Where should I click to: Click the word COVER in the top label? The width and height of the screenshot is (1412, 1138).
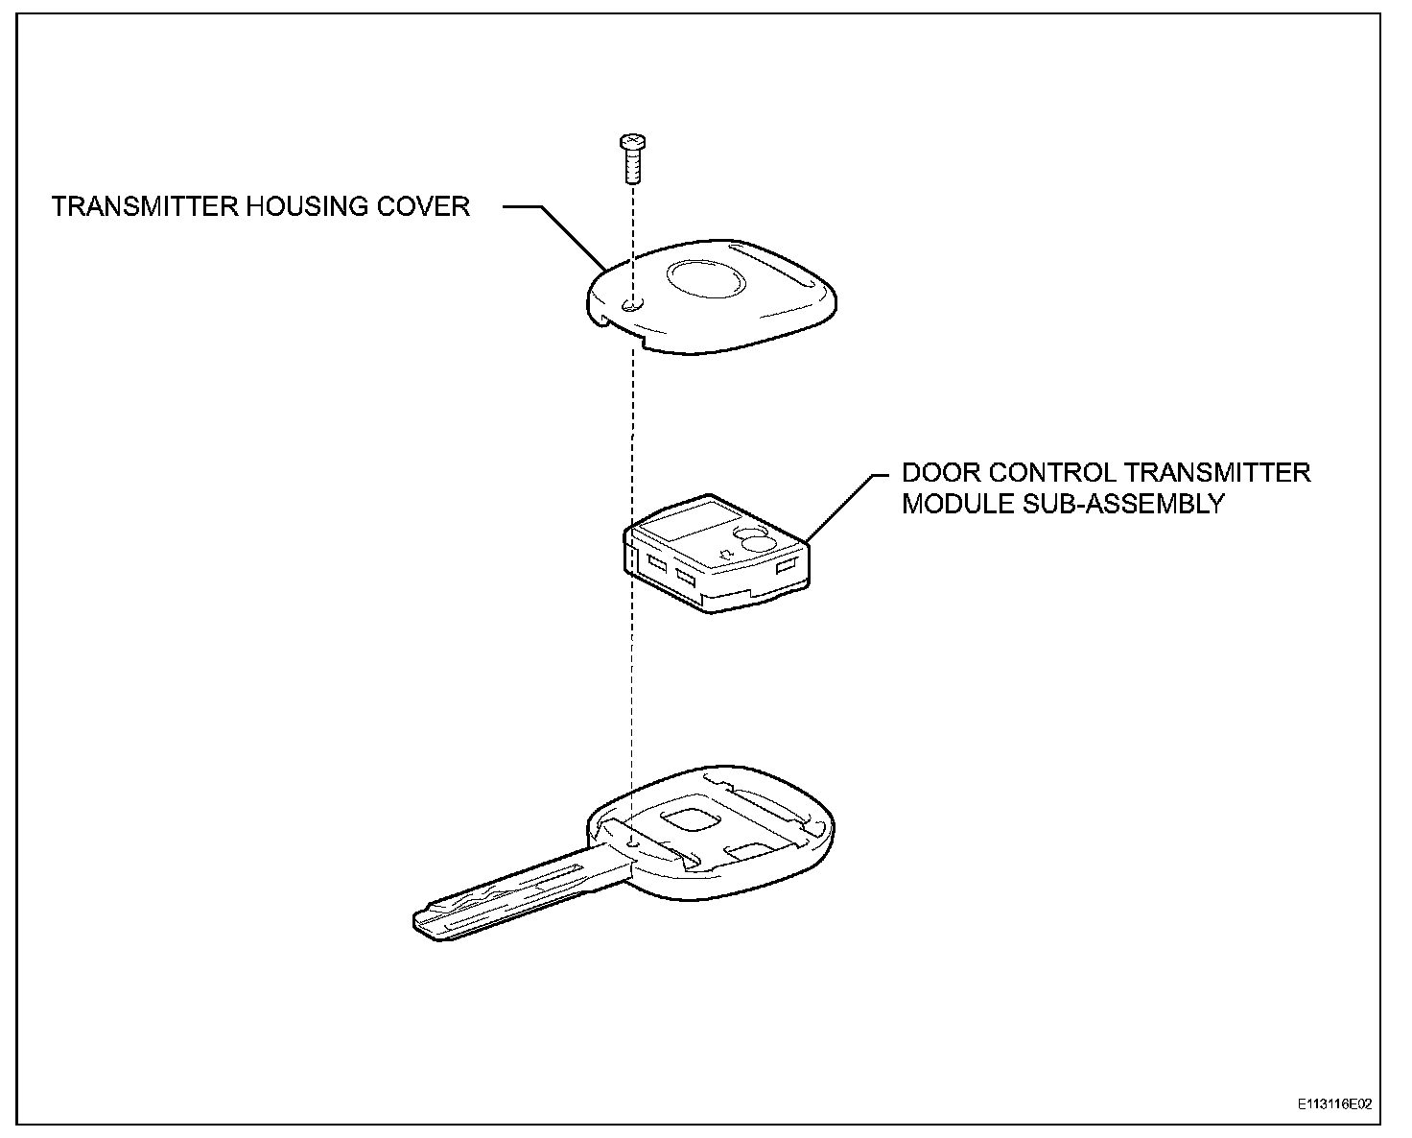click(x=431, y=206)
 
